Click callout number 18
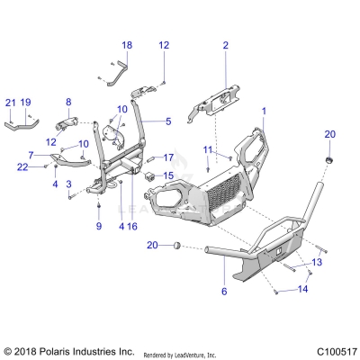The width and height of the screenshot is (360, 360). point(126,45)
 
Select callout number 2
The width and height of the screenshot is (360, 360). point(226,45)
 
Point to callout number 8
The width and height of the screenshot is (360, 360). point(68,103)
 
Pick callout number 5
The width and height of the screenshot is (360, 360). point(167,121)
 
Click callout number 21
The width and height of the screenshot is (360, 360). point(11,103)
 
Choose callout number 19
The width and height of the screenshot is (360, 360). point(26,103)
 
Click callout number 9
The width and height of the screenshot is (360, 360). point(99,226)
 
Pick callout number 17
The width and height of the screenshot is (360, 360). point(167,158)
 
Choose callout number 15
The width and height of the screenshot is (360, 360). point(167,175)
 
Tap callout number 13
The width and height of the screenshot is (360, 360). point(316,262)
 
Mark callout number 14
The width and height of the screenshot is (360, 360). point(303,290)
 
